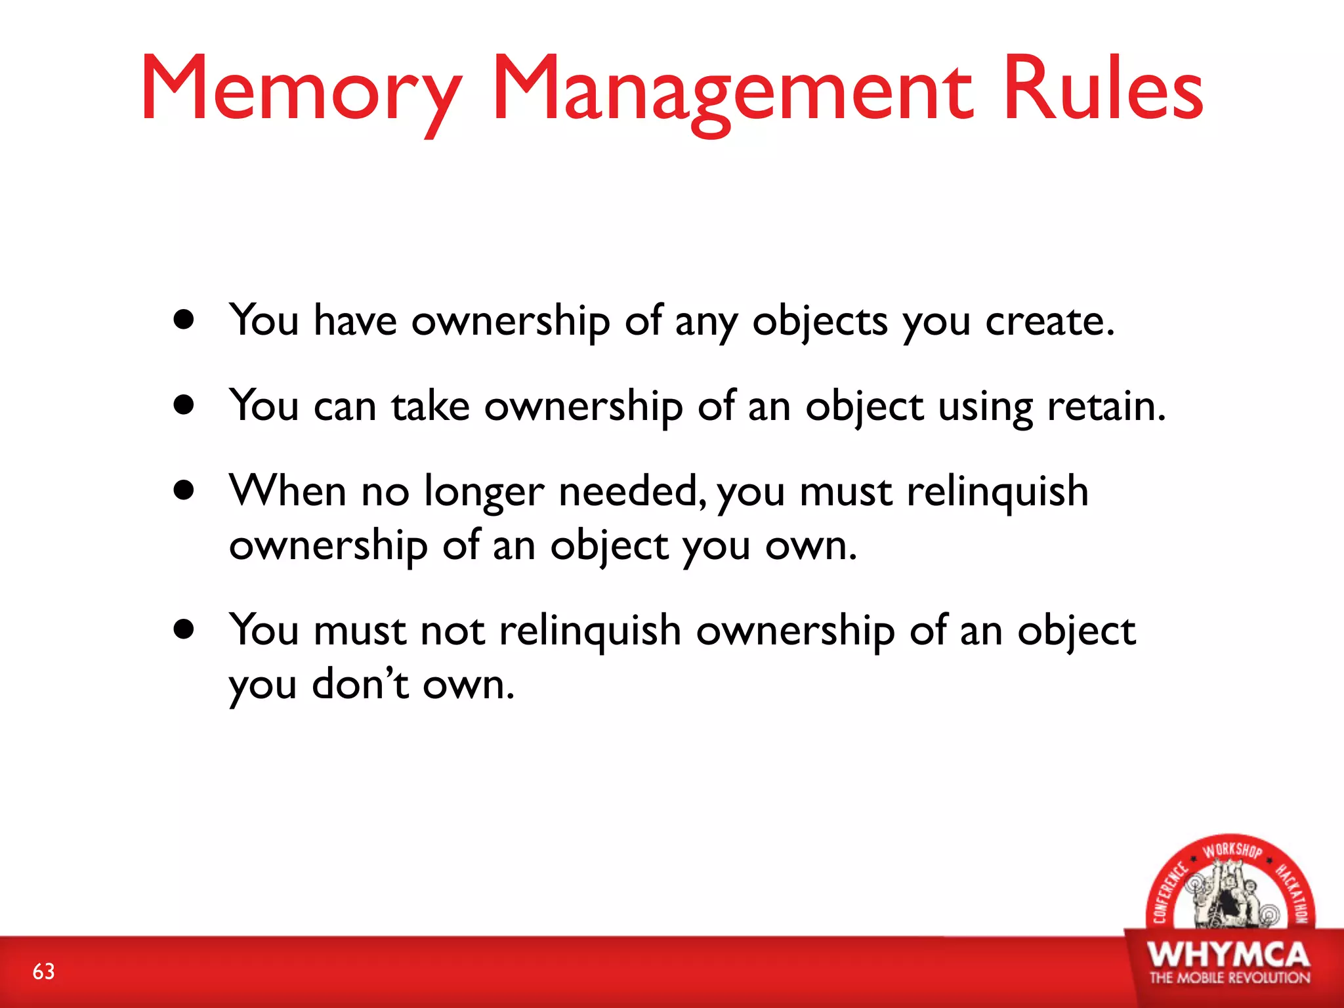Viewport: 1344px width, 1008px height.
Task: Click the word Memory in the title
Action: coord(301,89)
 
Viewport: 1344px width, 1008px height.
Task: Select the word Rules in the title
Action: coord(1103,89)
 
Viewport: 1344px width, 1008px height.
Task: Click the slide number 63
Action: coord(44,971)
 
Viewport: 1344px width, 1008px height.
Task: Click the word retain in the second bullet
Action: coord(1105,406)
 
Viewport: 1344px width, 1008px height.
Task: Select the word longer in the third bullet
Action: coord(484,492)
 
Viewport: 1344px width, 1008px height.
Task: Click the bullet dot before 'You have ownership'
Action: coord(184,320)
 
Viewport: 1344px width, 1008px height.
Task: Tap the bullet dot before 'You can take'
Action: coord(184,405)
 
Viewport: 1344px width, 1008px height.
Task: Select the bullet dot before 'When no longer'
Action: coord(184,490)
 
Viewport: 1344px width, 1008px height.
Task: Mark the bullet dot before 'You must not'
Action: coord(184,629)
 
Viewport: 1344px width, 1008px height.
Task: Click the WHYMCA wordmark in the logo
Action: coord(1228,955)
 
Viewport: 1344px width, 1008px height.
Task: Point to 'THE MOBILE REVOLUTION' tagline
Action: coord(1229,978)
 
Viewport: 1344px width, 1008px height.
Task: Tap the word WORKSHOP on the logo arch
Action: coord(1232,850)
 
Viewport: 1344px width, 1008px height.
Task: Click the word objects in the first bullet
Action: coord(820,322)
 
